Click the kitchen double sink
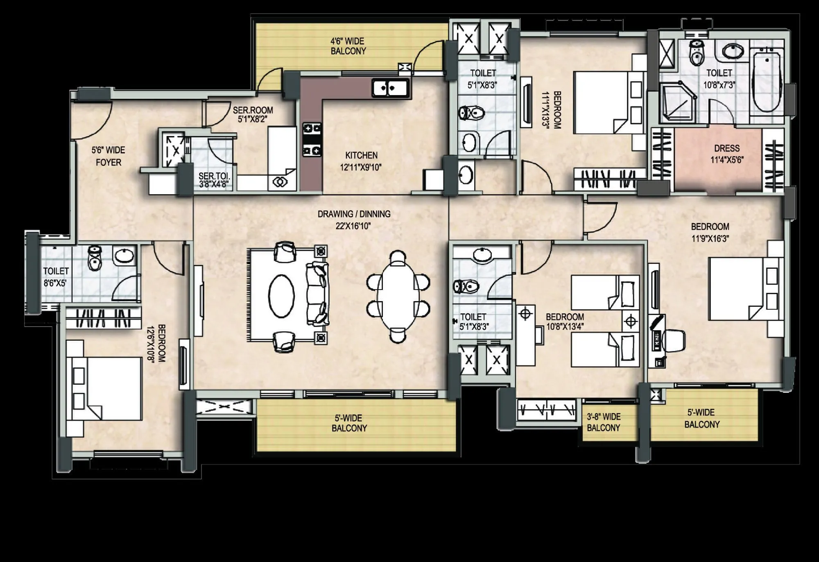pyautogui.click(x=389, y=88)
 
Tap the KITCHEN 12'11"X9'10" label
pyautogui.click(x=361, y=161)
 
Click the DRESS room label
pyautogui.click(x=726, y=154)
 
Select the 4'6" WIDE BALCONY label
pyautogui.click(x=348, y=46)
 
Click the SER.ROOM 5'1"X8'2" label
pyautogui.click(x=253, y=115)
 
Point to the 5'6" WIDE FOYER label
pyautogui.click(x=109, y=156)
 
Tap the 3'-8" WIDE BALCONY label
pyautogui.click(x=604, y=422)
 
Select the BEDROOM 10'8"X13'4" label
pyautogui.click(x=565, y=322)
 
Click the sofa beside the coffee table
pyautogui.click(x=317, y=294)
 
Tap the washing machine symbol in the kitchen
pyautogui.click(x=281, y=181)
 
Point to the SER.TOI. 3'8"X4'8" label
pyautogui.click(x=214, y=180)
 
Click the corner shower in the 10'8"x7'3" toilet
pyautogui.click(x=677, y=100)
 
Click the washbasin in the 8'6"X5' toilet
pyautogui.click(x=124, y=255)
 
